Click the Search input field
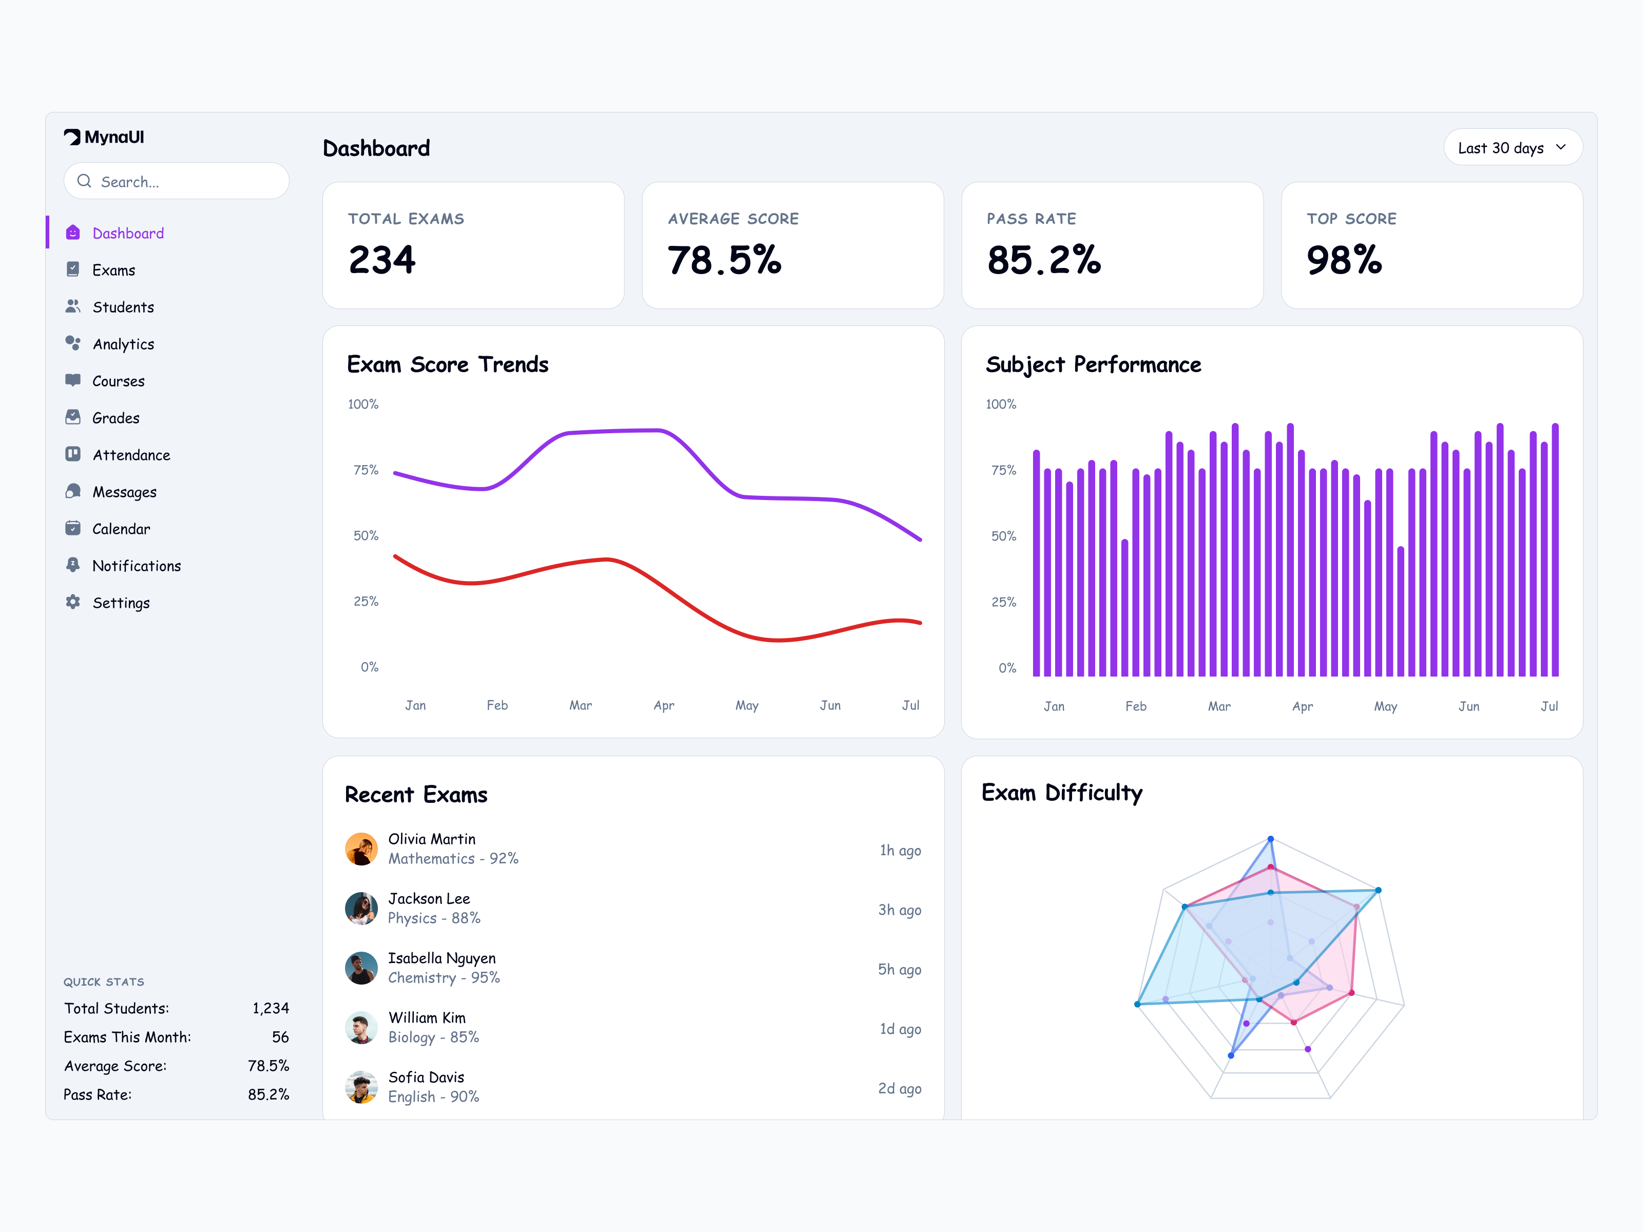[177, 181]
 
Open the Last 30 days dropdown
[1512, 148]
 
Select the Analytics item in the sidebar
[123, 344]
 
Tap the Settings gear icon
[73, 602]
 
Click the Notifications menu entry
[136, 566]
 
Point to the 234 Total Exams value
[382, 260]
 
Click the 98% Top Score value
[1344, 260]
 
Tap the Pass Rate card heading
[1031, 218]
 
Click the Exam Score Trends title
[447, 364]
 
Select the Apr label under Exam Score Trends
[663, 705]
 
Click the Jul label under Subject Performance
[1549, 706]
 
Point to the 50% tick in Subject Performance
[1003, 536]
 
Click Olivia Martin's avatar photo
[361, 849]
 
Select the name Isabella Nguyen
[441, 958]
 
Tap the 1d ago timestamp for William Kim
[900, 1029]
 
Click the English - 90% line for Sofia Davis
[433, 1097]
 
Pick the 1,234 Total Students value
[271, 1008]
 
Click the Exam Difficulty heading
[1061, 793]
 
